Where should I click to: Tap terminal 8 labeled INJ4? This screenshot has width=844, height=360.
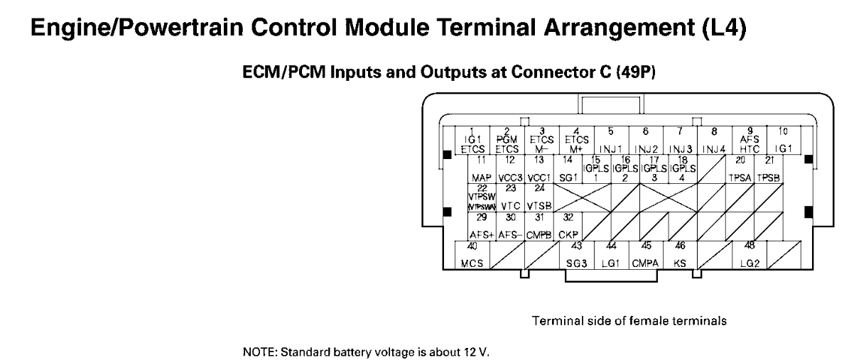tap(715, 141)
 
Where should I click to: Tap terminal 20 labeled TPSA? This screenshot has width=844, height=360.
tap(740, 169)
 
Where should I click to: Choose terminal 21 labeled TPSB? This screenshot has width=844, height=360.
tap(769, 169)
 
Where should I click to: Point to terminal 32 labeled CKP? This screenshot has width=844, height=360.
tap(568, 226)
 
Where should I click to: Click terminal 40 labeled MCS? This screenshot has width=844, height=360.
tap(472, 256)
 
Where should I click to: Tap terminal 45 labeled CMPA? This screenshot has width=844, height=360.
tap(646, 256)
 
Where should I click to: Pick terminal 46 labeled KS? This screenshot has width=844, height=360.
tap(680, 256)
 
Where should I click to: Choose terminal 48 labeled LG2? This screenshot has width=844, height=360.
tap(749, 256)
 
